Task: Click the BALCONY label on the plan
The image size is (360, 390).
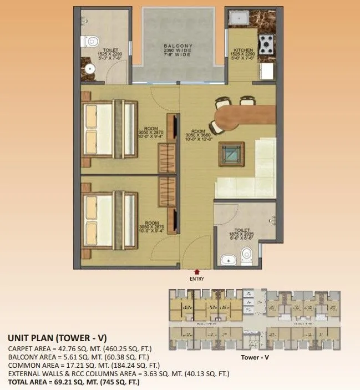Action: pos(178,47)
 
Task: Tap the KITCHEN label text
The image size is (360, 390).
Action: pos(244,49)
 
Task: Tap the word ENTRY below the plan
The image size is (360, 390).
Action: pos(197,279)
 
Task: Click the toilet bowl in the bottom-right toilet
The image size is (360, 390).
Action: pos(247,255)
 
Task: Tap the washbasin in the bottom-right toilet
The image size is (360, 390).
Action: pos(226,259)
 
